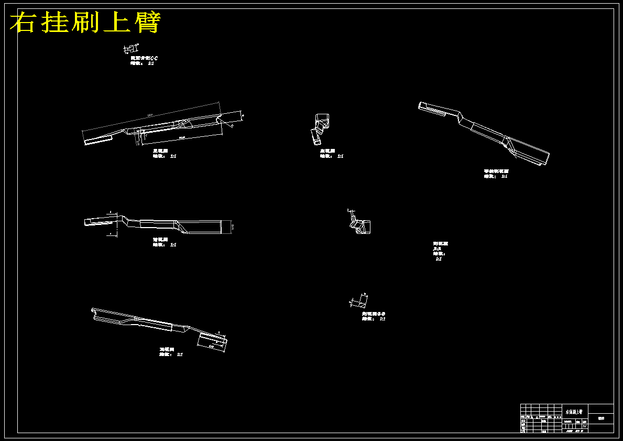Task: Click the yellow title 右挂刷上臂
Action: tap(85, 23)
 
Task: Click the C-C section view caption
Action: tap(144, 60)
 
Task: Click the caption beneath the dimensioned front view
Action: tap(163, 153)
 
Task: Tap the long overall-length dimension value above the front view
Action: tap(150, 115)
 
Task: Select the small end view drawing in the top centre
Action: tap(321, 128)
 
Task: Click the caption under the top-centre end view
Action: tap(331, 153)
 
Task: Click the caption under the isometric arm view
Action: tap(496, 174)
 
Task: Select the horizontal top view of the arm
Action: tap(157, 225)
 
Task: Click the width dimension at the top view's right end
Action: tap(233, 227)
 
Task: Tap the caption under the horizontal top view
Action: tap(163, 242)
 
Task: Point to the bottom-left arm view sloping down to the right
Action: tap(157, 325)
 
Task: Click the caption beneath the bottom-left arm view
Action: tap(171, 351)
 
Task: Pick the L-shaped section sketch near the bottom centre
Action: tap(359, 300)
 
